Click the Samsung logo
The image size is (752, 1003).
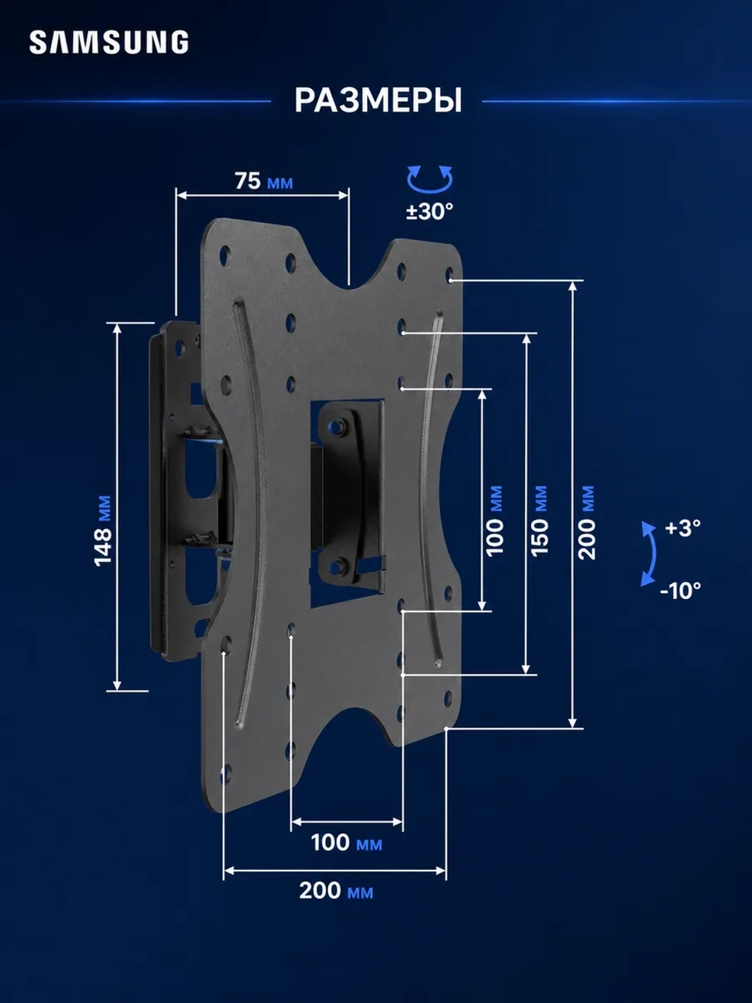pyautogui.click(x=109, y=42)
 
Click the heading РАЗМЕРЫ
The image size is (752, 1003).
pyautogui.click(x=378, y=101)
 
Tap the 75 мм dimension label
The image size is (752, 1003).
pyautogui.click(x=263, y=181)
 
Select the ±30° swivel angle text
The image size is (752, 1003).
pyautogui.click(x=429, y=211)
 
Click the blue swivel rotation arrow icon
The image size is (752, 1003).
pyautogui.click(x=429, y=187)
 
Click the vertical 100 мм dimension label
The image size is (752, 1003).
pyautogui.click(x=495, y=521)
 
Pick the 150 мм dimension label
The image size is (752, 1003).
pyautogui.click(x=540, y=521)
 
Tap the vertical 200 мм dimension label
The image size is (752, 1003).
pyautogui.click(x=587, y=522)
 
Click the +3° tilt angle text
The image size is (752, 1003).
pyautogui.click(x=683, y=528)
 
